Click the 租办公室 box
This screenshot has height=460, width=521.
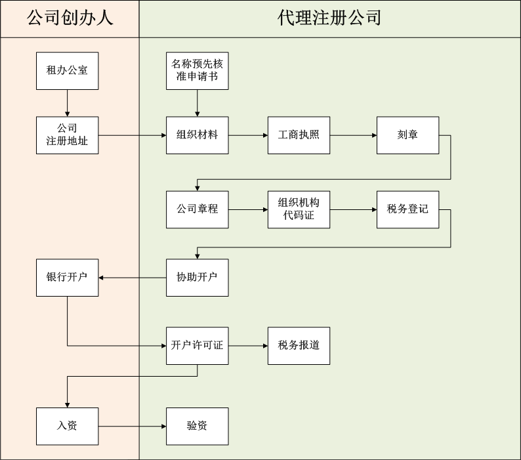pyautogui.click(x=67, y=70)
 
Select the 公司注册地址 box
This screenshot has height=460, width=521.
pyautogui.click(x=67, y=135)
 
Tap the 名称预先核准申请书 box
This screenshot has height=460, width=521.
pyautogui.click(x=198, y=70)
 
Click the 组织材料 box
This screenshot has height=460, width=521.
pyautogui.click(x=198, y=135)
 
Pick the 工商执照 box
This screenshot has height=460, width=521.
pyautogui.click(x=299, y=135)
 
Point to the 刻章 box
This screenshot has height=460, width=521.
pyautogui.click(x=407, y=135)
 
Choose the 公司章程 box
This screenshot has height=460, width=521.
pyautogui.click(x=198, y=209)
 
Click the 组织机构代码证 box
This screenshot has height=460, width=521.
pyautogui.click(x=299, y=209)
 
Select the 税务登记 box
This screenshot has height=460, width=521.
pyautogui.click(x=407, y=209)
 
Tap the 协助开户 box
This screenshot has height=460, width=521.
pyautogui.click(x=198, y=277)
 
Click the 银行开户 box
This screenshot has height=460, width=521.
pyautogui.click(x=67, y=277)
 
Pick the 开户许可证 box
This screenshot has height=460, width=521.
pyautogui.click(x=198, y=345)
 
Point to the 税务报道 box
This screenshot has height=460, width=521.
pyautogui.click(x=299, y=345)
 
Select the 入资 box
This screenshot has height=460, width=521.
pyautogui.click(x=67, y=426)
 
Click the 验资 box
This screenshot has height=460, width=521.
pyautogui.click(x=198, y=426)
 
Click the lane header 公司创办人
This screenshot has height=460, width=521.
pyautogui.click(x=70, y=18)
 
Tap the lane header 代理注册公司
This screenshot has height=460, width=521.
pyautogui.click(x=329, y=18)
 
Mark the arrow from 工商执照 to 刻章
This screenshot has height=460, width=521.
pyautogui.click(x=353, y=135)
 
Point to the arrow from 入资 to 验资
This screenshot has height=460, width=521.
pyautogui.click(x=132, y=426)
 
